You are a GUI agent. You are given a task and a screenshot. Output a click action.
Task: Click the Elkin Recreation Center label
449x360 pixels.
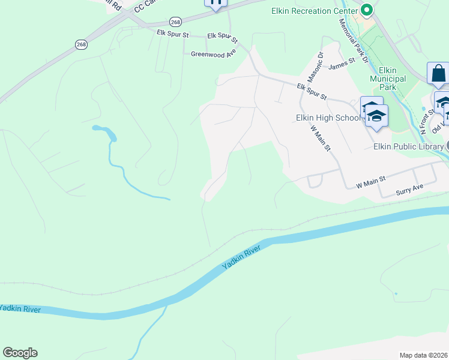pos(310,11)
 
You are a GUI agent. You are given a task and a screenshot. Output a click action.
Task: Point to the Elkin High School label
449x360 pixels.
pos(328,118)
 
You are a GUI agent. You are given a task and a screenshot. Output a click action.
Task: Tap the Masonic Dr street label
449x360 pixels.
pos(315,67)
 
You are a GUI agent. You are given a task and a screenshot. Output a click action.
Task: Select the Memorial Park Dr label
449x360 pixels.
pos(353,40)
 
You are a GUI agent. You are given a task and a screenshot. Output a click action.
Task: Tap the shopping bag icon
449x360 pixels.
pos(438,73)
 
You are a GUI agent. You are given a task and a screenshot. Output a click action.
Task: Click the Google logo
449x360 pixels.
pos(20,353)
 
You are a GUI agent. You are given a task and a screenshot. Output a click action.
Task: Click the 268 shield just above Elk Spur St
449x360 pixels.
pos(175,22)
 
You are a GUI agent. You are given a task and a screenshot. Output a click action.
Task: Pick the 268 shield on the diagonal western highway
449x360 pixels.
pos(82,44)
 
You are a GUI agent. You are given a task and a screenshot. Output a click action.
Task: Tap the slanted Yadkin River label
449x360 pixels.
pos(241,257)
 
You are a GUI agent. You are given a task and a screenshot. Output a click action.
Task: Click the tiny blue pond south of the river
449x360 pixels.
pos(396,293)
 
